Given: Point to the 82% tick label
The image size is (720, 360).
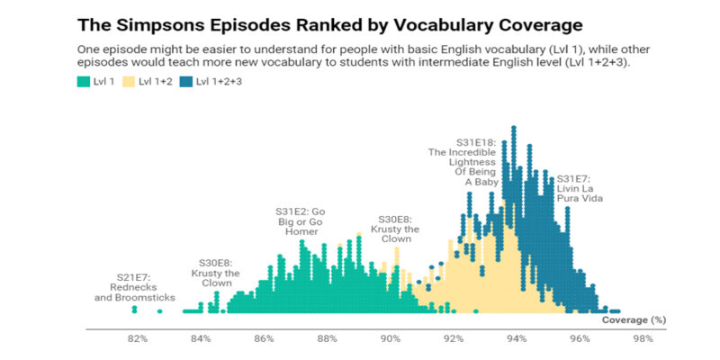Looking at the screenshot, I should [137, 339].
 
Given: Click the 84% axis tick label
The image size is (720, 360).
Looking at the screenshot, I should [201, 339].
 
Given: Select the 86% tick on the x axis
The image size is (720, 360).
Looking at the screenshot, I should [264, 339].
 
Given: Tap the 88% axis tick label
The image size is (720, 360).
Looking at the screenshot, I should [327, 339].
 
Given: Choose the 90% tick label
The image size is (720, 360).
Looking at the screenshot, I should [390, 339].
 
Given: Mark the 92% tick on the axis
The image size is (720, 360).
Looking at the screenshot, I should [453, 339].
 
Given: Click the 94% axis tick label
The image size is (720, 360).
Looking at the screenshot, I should [516, 339].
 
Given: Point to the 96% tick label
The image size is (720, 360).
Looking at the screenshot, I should [579, 339].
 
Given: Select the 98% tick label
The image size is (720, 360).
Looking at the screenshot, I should [642, 339].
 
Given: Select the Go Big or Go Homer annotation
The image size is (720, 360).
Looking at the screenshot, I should [299, 220].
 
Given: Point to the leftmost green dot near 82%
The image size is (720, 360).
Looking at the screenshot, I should [134, 310].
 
